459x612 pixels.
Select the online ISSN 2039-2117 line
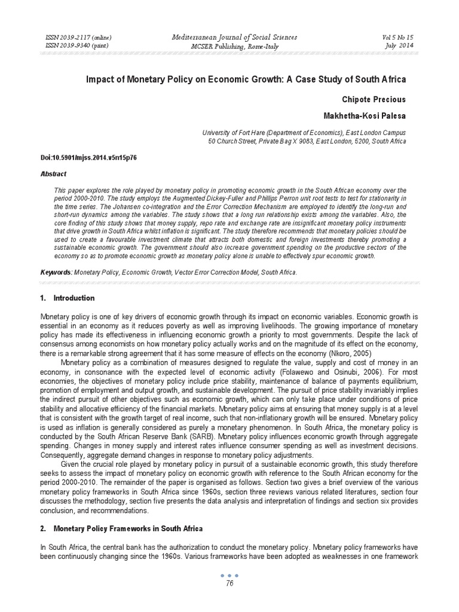[78, 38]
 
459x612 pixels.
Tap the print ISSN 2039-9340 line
[77, 46]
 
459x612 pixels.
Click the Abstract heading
[53, 174]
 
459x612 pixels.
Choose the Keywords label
[56, 272]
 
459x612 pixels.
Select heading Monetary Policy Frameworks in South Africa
[128, 529]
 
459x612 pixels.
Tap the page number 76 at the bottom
[229, 584]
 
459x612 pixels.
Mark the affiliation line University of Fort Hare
[304, 133]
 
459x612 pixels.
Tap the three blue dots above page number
[229, 575]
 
